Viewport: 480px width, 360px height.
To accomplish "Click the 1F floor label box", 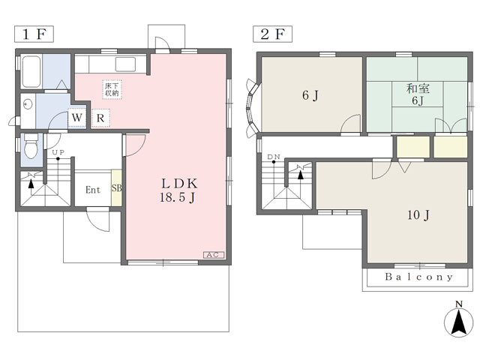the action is [34, 34].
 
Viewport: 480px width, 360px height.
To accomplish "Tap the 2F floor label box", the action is [272, 34].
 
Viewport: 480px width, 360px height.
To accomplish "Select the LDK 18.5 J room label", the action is [179, 190].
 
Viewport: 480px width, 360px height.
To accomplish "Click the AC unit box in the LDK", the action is [214, 255].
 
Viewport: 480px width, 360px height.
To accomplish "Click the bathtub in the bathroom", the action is [31, 71].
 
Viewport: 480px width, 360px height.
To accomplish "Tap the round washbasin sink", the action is [28, 104].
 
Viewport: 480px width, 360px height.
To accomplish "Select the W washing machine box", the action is [76, 118].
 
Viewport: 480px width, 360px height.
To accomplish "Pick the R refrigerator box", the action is [100, 118].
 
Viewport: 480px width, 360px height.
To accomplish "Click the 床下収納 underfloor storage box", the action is [112, 89].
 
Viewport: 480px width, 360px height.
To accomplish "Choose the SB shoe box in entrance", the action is [116, 188].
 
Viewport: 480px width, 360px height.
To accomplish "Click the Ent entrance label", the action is [93, 190].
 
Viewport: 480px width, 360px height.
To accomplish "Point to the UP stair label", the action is [58, 152].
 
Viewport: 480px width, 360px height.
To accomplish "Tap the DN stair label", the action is [274, 157].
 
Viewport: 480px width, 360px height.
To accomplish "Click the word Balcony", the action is [418, 277].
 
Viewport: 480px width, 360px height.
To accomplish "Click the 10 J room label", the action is [418, 215].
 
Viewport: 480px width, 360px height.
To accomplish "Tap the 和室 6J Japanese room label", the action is [418, 94].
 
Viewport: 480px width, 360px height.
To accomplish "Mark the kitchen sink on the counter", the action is [125, 64].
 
